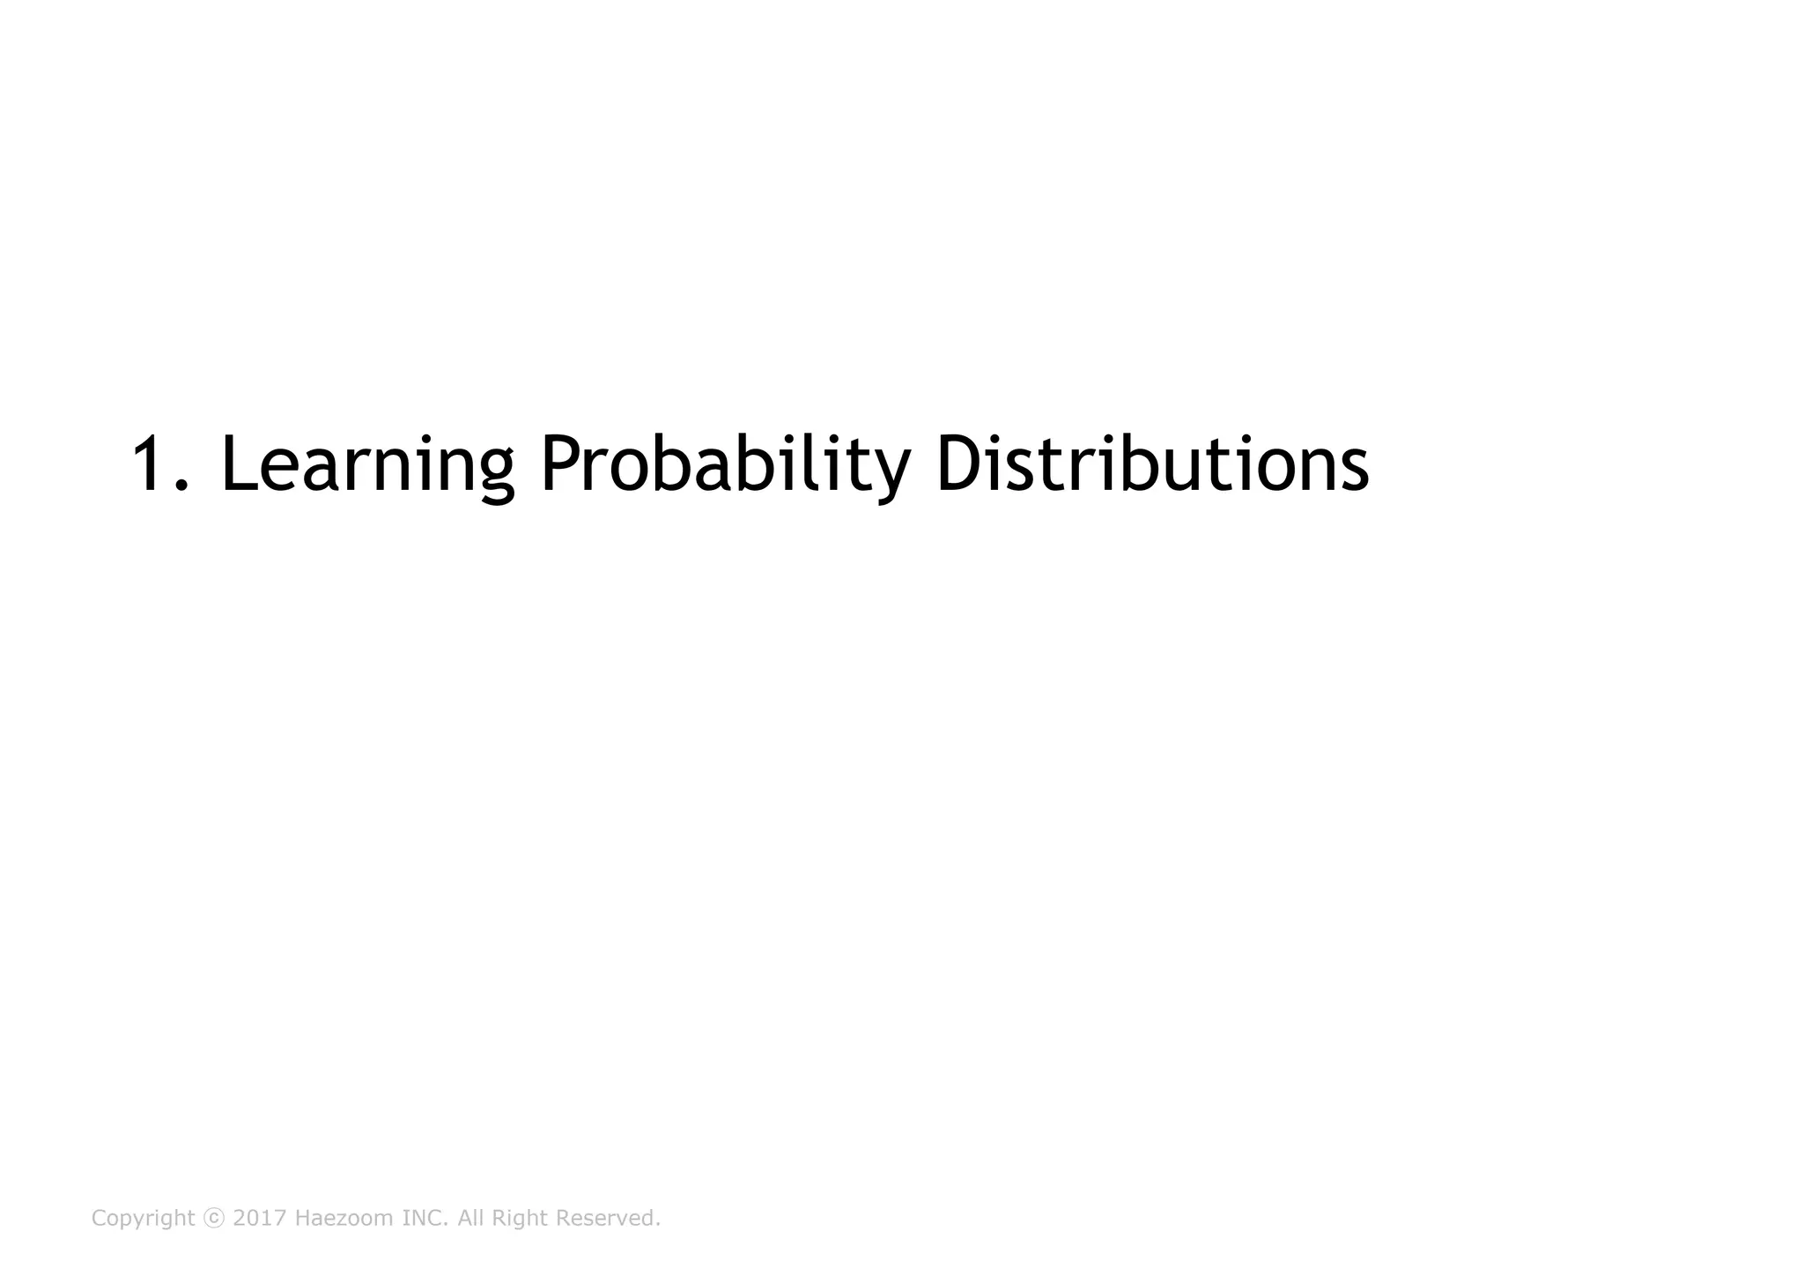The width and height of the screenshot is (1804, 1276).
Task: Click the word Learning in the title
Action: click(366, 464)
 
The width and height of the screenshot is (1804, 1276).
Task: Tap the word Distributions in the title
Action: click(1151, 464)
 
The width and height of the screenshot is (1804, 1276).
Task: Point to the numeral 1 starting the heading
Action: click(151, 464)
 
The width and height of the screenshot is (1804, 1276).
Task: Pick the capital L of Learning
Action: click(237, 464)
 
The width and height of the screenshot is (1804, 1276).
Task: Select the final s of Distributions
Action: click(1354, 471)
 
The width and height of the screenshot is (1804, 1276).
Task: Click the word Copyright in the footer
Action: click(143, 1219)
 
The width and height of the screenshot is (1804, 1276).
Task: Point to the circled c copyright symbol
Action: click(214, 1219)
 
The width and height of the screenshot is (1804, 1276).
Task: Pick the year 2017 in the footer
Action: click(260, 1219)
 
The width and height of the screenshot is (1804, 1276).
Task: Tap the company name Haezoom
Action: click(344, 1219)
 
